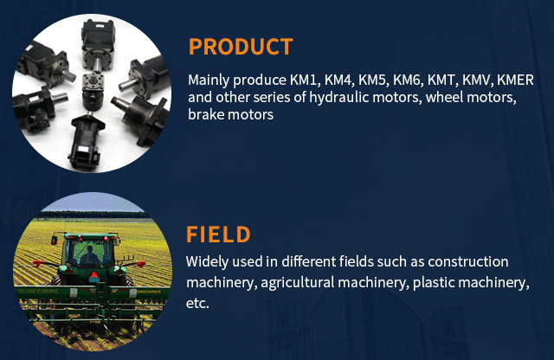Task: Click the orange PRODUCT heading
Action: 241,47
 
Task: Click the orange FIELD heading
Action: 218,235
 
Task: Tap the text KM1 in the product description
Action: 305,80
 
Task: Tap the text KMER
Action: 515,80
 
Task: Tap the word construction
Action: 468,262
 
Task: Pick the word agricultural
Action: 298,283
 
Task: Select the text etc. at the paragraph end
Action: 197,304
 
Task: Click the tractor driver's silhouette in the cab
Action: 89,257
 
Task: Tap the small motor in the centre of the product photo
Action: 93,91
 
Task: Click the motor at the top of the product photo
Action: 99,44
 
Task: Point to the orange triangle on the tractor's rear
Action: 94,277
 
